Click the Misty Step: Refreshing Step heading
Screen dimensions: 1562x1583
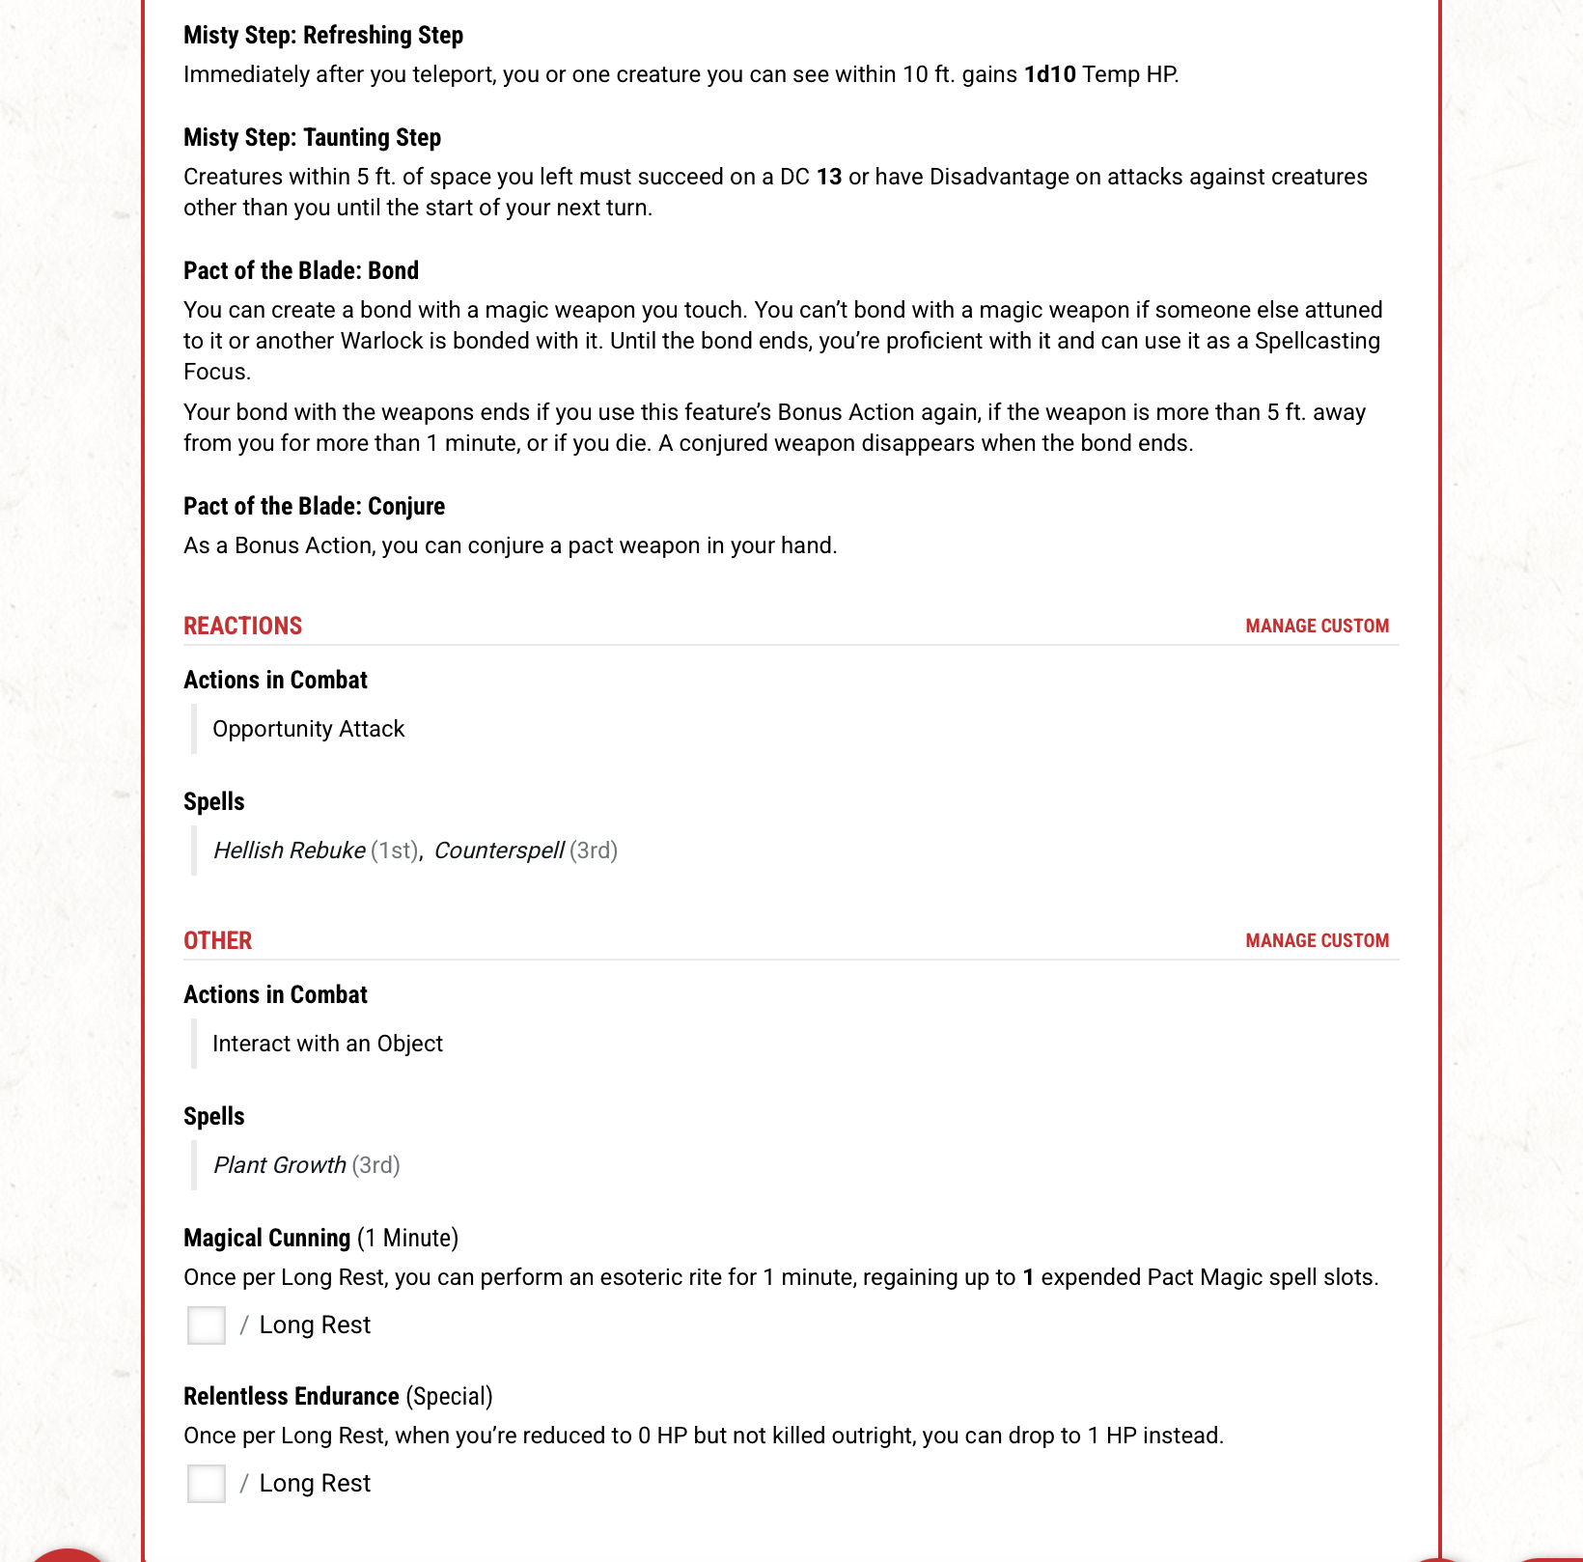click(x=323, y=36)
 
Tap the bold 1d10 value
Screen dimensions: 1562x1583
click(x=1049, y=75)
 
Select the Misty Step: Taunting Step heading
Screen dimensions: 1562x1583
click(x=312, y=138)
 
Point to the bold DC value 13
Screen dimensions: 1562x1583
click(x=829, y=178)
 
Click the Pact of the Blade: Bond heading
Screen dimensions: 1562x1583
click(x=301, y=271)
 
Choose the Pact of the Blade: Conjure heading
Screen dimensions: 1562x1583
click(x=314, y=507)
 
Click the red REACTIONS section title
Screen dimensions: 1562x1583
click(x=242, y=627)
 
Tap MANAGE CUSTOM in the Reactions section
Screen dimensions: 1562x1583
click(x=1317, y=627)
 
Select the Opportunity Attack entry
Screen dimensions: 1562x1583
click(x=308, y=730)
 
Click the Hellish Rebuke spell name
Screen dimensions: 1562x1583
click(x=289, y=851)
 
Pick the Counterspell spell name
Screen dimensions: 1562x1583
click(x=498, y=851)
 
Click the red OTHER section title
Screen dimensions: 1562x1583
click(x=217, y=941)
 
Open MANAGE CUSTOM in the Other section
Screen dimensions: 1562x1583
click(x=1317, y=941)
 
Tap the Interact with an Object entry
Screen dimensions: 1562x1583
click(x=327, y=1045)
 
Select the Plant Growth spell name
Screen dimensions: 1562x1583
click(x=279, y=1166)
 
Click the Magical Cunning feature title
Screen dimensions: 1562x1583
click(x=266, y=1239)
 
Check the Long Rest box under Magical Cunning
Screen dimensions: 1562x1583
click(x=207, y=1325)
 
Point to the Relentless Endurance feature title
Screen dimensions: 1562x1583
click(x=291, y=1397)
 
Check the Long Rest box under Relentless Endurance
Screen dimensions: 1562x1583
click(x=207, y=1484)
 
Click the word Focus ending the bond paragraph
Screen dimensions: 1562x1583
click(x=215, y=373)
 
